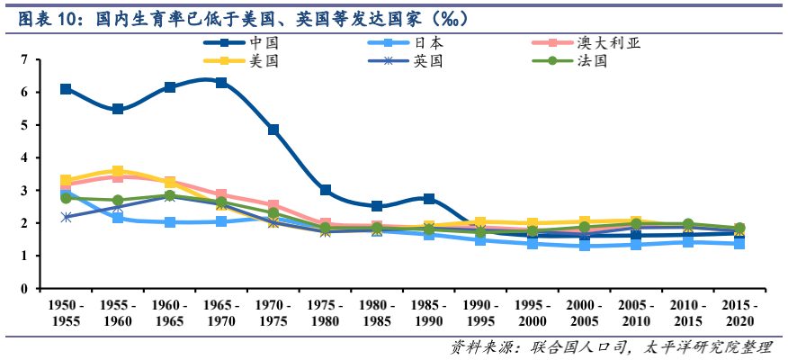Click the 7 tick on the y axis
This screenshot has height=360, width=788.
24,60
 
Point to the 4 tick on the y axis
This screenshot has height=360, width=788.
24,158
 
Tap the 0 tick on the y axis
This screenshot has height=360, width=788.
24,289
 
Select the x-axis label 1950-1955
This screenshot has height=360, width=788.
66,314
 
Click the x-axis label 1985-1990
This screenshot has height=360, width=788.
429,314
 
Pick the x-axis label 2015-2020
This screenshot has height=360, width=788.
739,314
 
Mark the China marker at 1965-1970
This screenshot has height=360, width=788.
221,83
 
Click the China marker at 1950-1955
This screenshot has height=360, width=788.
66,89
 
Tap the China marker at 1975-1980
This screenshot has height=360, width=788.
326,191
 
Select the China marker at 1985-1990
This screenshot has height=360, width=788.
429,199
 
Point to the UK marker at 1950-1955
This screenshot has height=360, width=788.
66,217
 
